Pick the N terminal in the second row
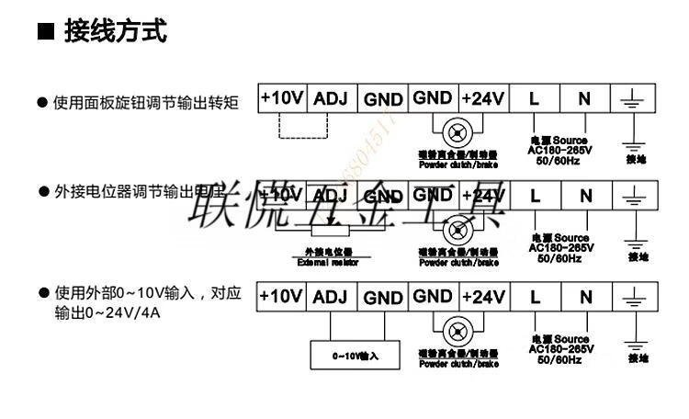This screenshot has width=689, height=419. pyautogui.click(x=584, y=196)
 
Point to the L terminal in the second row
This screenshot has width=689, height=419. pyautogui.click(x=534, y=196)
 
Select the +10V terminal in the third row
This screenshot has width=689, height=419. pyautogui.click(x=280, y=296)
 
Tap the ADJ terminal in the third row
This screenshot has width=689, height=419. pyautogui.click(x=331, y=297)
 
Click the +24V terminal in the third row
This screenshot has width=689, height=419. pyautogui.click(x=482, y=296)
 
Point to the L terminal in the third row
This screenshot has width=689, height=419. pyautogui.click(x=534, y=297)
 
